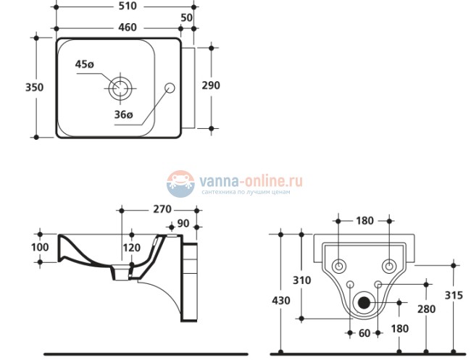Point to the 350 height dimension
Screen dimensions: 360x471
[x=14, y=87]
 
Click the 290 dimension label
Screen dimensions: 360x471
[x=211, y=85]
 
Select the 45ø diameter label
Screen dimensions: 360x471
[x=85, y=65]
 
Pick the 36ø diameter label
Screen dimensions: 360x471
[x=125, y=114]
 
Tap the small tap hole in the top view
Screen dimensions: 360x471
[x=171, y=88]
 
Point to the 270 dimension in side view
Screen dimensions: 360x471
[x=161, y=210]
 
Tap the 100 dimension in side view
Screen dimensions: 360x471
[x=40, y=248]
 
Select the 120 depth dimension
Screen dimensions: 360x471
[x=132, y=248]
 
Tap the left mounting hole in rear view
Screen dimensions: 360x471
[x=338, y=265]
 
